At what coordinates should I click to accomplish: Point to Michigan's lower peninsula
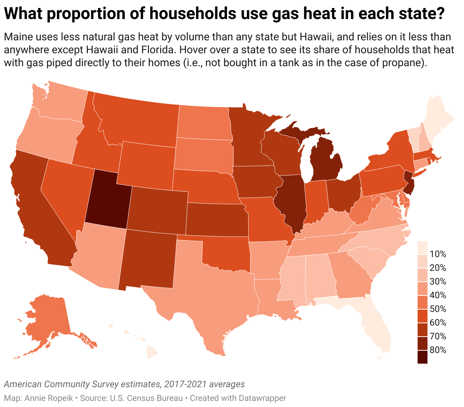coord(325,160)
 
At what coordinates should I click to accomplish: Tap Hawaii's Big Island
coord(152,352)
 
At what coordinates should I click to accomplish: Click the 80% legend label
coord(438,350)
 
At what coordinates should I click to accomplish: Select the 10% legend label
coord(438,254)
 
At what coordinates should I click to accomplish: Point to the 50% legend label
coord(438,309)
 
